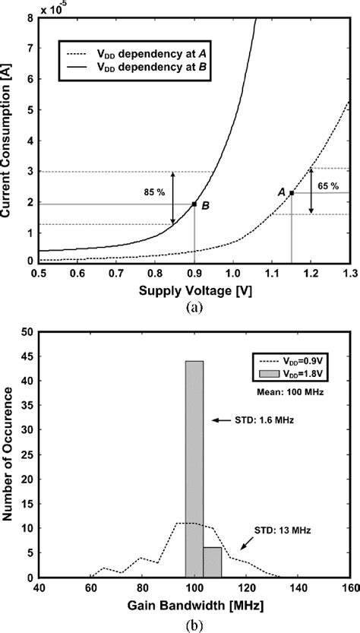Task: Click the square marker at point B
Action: pyautogui.click(x=195, y=204)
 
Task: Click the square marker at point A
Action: pyautogui.click(x=292, y=193)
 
